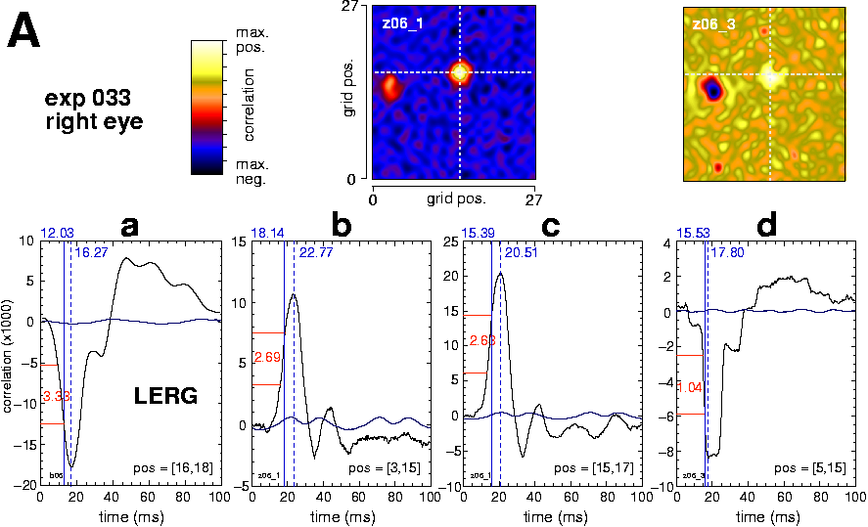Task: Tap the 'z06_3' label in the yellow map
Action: [713, 23]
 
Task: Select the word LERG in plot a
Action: [165, 396]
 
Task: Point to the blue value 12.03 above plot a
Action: [56, 233]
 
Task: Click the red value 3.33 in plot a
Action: [55, 396]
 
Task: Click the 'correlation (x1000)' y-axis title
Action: [10, 362]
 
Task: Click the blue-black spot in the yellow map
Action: [714, 90]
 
